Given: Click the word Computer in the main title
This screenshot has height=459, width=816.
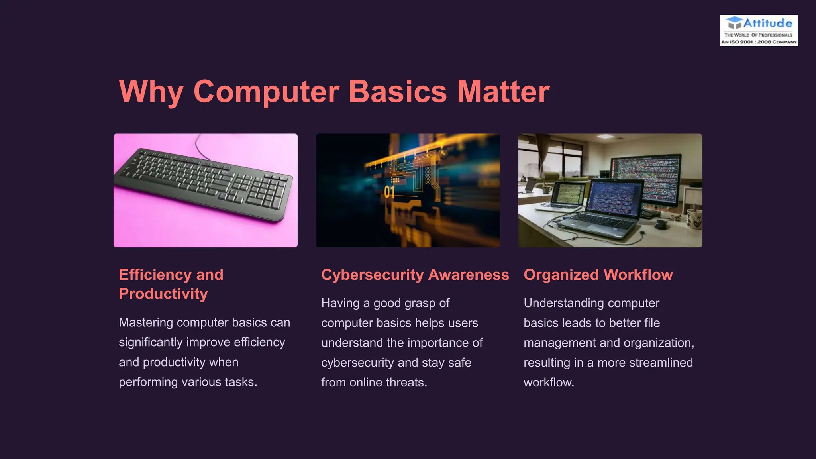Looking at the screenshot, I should click(x=266, y=92).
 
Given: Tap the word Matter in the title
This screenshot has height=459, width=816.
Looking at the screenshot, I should click(x=503, y=92).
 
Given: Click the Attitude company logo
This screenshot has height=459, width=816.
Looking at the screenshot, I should click(x=759, y=30).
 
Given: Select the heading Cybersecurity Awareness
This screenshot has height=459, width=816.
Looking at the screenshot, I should click(x=415, y=275).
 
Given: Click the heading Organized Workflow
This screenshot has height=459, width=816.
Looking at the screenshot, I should click(x=598, y=275).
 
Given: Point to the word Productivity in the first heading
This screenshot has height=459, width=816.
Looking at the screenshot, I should click(x=163, y=294).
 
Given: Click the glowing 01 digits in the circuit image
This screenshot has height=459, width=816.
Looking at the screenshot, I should click(x=389, y=192).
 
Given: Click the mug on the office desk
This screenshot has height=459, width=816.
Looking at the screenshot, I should click(x=694, y=219).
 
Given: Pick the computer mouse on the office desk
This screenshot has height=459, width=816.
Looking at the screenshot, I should click(x=661, y=224).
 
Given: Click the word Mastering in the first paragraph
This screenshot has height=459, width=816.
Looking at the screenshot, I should click(x=146, y=322).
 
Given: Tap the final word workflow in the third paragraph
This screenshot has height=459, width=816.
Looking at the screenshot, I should click(x=548, y=382).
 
